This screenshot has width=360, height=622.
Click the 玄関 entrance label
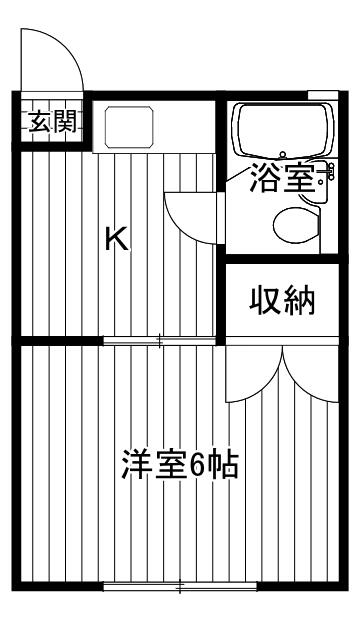(53, 121)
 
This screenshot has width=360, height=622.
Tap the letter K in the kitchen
(117, 238)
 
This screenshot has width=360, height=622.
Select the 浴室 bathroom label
(283, 178)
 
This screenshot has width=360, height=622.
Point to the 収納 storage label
(282, 300)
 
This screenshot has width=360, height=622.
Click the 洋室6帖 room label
(180, 464)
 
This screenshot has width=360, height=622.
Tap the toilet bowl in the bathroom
(296, 225)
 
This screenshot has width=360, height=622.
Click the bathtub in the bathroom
(283, 130)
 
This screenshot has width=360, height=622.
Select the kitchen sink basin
(129, 127)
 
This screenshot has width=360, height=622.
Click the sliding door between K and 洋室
(159, 340)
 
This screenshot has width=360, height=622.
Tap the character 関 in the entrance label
(65, 121)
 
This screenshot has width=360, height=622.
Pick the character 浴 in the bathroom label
(266, 178)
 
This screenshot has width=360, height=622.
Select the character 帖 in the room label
(224, 464)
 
